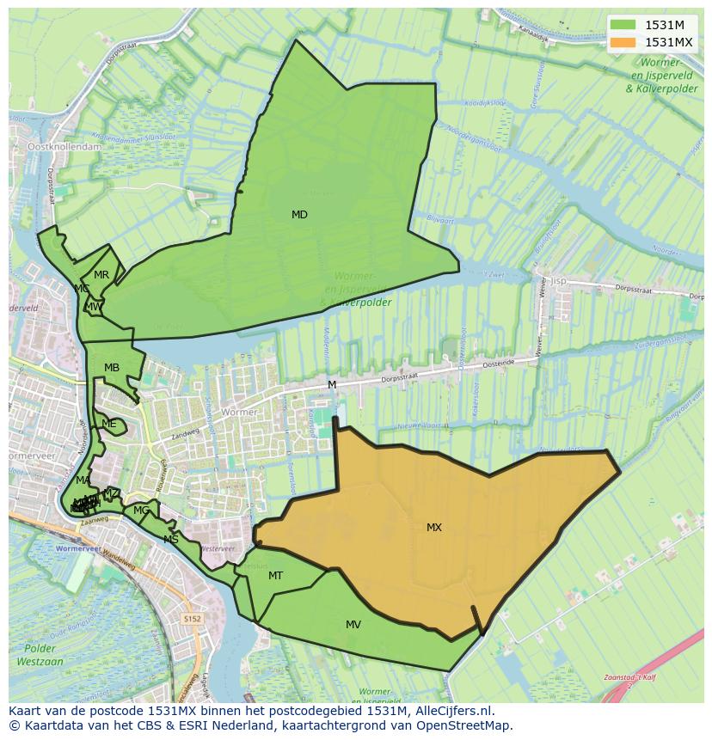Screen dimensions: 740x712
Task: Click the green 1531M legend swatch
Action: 624,25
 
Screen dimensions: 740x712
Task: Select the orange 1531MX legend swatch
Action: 624,42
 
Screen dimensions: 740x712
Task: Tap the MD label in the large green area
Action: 299,215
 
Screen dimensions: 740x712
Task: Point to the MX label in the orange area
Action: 434,528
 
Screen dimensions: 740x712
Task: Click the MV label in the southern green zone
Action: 353,625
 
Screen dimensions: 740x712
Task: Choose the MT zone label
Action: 275,576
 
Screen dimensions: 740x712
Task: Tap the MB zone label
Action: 112,368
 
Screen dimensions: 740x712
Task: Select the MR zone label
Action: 101,275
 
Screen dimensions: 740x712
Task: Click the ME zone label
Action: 108,424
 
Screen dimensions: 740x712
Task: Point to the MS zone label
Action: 171,540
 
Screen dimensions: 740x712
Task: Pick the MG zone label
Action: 141,511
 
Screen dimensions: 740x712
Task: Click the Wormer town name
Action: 239,413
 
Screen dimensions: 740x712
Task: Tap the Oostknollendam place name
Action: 64,147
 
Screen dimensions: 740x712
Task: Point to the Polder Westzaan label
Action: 40,654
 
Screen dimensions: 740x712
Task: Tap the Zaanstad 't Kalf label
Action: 638,677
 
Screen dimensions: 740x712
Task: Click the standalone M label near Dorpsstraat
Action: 332,385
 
